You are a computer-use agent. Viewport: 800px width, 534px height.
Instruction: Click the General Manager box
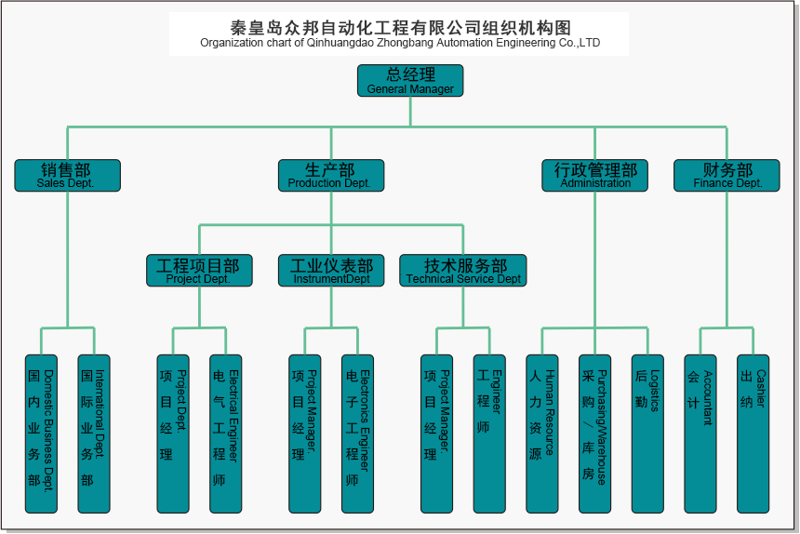410,80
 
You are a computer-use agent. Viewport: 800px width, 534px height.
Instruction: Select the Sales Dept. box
67,175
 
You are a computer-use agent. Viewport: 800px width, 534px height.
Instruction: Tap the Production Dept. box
330,175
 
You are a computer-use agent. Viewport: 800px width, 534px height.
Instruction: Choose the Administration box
595,175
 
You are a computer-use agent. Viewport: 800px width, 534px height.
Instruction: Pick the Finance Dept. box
727,175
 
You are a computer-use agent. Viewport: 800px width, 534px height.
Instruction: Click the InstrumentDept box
331,270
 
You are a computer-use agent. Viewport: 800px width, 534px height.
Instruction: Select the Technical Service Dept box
463,270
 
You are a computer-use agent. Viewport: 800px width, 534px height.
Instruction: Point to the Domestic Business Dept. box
41,434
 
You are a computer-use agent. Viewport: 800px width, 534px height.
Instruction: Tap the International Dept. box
94,434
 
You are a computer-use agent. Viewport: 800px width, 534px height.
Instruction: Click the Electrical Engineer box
226,434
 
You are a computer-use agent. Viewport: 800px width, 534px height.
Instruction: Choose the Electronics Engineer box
358,434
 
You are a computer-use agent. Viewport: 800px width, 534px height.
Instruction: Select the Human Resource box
542,434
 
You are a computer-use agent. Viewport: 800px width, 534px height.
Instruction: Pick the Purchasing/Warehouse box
594,434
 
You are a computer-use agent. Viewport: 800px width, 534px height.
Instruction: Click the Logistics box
648,434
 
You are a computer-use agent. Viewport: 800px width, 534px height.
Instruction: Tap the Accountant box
700,434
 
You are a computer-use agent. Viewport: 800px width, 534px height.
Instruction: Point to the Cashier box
753,434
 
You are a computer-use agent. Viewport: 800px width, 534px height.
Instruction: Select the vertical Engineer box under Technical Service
489,434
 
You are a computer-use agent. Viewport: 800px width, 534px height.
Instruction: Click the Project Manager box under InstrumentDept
305,434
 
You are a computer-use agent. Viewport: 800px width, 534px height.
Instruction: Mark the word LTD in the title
590,43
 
